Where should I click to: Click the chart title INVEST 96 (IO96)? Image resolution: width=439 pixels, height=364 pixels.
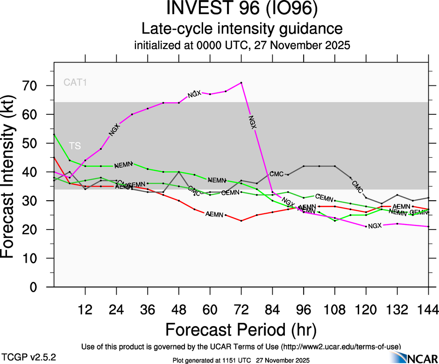(x=242, y=9)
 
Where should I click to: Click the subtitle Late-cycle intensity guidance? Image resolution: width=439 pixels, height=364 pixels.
(x=242, y=29)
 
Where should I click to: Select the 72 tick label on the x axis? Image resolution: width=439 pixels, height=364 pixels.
(x=241, y=309)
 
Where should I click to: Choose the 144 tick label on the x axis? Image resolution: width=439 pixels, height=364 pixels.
(x=428, y=309)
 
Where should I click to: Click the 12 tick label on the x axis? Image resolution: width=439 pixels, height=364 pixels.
(x=85, y=309)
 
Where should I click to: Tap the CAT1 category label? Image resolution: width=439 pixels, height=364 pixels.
(x=75, y=83)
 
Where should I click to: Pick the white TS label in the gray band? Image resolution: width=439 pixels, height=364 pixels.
(x=75, y=146)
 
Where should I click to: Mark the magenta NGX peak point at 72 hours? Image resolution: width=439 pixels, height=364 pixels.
(x=241, y=83)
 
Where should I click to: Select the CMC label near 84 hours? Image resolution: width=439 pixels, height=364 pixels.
(x=276, y=174)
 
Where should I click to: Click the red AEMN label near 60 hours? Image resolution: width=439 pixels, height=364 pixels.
(x=214, y=214)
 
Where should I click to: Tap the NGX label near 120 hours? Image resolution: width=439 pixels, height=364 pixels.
(x=375, y=226)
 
